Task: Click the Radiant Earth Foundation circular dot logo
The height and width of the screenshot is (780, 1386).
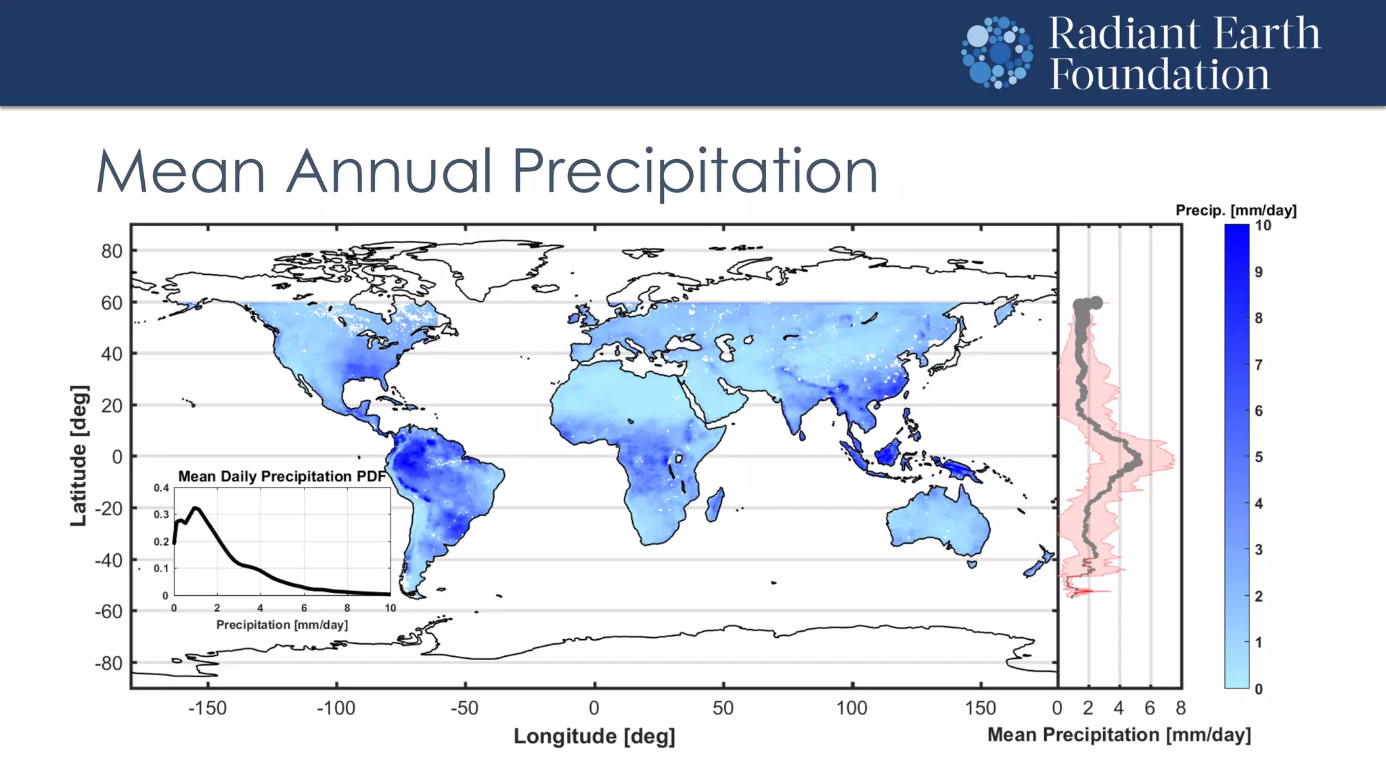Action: tap(997, 53)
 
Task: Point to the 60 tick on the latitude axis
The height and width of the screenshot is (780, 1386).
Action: tap(112, 303)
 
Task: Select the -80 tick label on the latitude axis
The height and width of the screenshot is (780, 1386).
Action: tap(109, 663)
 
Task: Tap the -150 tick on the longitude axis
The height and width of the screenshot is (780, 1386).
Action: tap(207, 708)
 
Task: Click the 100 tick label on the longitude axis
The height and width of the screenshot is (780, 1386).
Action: tap(851, 708)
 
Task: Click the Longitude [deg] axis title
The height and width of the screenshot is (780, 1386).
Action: tap(594, 736)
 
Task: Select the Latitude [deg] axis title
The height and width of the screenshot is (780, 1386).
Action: tap(79, 456)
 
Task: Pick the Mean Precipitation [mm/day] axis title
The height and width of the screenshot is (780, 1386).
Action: tap(1119, 735)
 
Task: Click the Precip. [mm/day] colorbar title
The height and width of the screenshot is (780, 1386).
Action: tap(1236, 211)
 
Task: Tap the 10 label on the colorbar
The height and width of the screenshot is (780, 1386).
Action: tap(1263, 226)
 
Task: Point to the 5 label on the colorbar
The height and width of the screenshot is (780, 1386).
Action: tap(1259, 457)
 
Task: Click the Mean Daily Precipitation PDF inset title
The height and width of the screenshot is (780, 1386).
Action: tap(282, 477)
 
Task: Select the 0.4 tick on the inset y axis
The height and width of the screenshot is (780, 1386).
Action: tap(161, 488)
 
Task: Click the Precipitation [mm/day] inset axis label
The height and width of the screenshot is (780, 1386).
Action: tap(282, 625)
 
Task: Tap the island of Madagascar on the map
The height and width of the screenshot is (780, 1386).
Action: tap(715, 504)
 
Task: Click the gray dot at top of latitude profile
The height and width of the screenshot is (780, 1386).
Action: tap(1096, 303)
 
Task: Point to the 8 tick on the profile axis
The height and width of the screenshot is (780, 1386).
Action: tap(1181, 708)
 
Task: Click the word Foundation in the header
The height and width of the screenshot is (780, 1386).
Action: tap(1159, 74)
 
